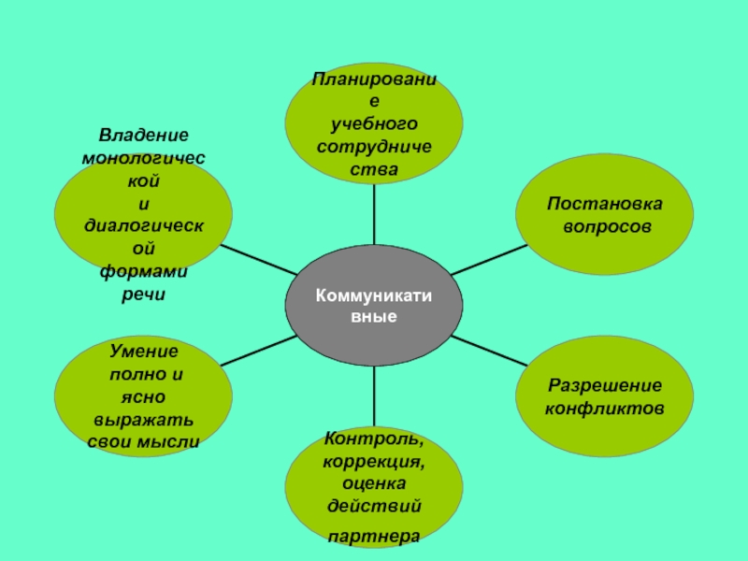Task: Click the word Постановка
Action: [x=604, y=204]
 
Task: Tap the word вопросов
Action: [x=604, y=227]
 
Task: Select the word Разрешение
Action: [x=604, y=385]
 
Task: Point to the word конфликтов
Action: [x=604, y=409]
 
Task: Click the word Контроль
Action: [x=373, y=439]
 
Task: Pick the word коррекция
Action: [x=373, y=461]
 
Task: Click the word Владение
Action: [x=144, y=136]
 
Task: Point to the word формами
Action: [x=144, y=270]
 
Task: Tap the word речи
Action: [x=144, y=294]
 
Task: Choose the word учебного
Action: [x=374, y=124]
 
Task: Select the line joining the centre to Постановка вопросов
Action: [x=489, y=259]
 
